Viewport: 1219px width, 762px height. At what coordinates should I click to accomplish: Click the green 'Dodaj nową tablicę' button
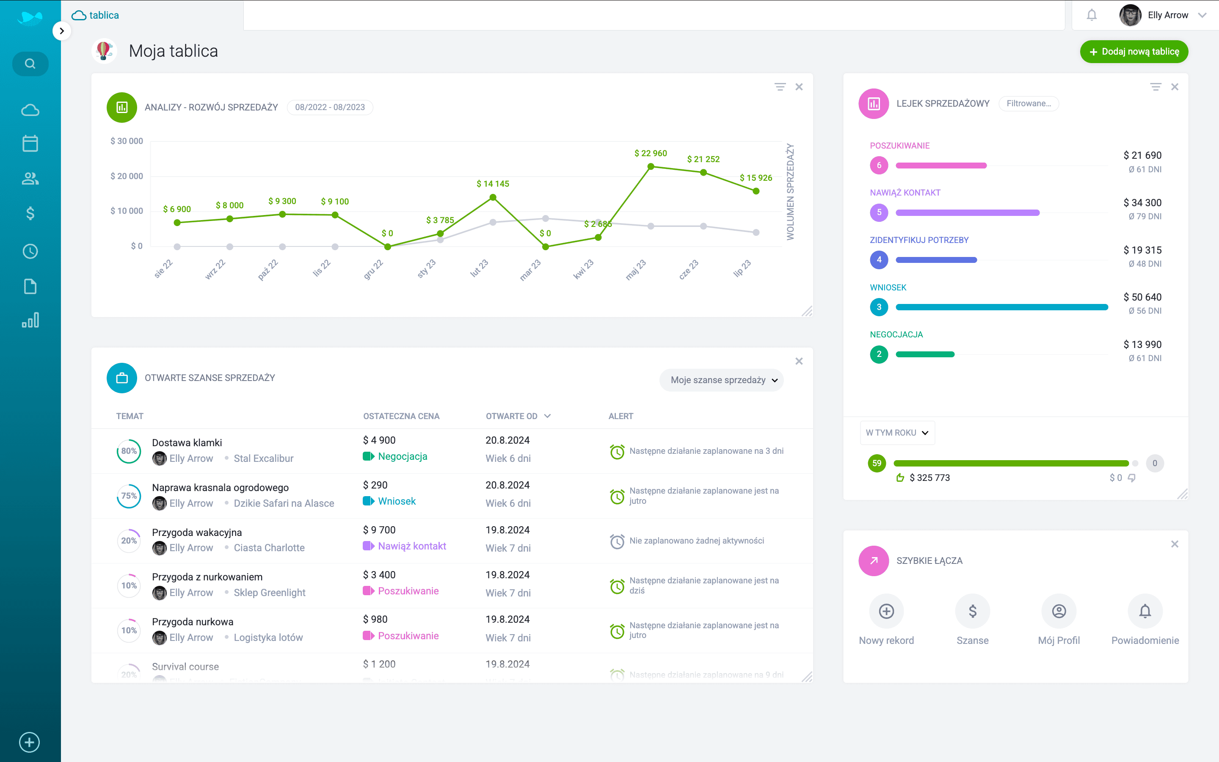click(x=1134, y=51)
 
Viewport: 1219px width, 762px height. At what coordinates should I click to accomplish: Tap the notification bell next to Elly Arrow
click(x=1091, y=15)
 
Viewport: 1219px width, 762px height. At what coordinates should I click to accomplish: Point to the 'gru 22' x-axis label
click(x=373, y=270)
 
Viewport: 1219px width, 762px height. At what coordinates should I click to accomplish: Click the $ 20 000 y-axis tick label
click(x=127, y=176)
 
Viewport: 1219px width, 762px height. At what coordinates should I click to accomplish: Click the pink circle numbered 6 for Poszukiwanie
click(x=879, y=165)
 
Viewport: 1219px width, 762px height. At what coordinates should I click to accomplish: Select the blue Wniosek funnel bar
click(x=1001, y=307)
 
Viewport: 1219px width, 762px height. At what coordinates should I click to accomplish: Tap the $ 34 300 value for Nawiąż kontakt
click(x=1142, y=203)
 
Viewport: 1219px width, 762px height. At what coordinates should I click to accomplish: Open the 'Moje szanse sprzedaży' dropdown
click(x=721, y=380)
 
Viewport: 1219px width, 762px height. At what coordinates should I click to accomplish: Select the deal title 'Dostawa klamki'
click(x=187, y=442)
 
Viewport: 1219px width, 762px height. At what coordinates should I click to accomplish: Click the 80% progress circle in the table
click(x=129, y=451)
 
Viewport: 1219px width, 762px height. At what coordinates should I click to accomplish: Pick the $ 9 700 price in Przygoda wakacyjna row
click(x=379, y=530)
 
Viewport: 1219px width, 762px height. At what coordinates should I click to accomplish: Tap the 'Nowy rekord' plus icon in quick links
click(x=886, y=611)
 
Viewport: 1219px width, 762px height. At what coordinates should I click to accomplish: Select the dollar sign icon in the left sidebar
click(x=30, y=214)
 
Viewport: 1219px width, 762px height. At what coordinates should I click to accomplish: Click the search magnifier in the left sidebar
click(x=30, y=64)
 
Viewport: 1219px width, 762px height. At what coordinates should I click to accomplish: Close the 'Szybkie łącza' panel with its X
click(x=1174, y=544)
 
